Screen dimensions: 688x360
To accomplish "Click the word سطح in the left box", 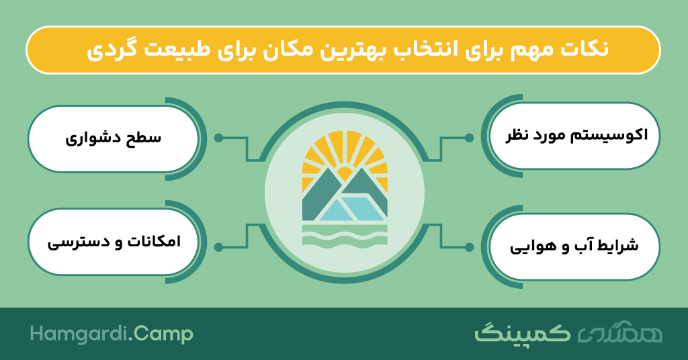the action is point(144,138).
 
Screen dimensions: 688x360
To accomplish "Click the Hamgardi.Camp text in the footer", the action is point(112,334).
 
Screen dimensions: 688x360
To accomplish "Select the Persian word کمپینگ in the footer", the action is point(523,334).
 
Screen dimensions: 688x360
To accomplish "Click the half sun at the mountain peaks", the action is point(345,174).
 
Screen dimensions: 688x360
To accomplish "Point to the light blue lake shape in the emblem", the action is point(351,209).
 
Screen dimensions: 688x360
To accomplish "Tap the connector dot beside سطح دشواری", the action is point(218,138).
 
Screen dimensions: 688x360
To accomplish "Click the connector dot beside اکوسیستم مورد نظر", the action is point(469,138).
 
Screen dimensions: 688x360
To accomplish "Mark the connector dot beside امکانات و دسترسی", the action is point(218,247).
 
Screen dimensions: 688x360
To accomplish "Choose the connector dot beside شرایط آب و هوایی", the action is point(469,247).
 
